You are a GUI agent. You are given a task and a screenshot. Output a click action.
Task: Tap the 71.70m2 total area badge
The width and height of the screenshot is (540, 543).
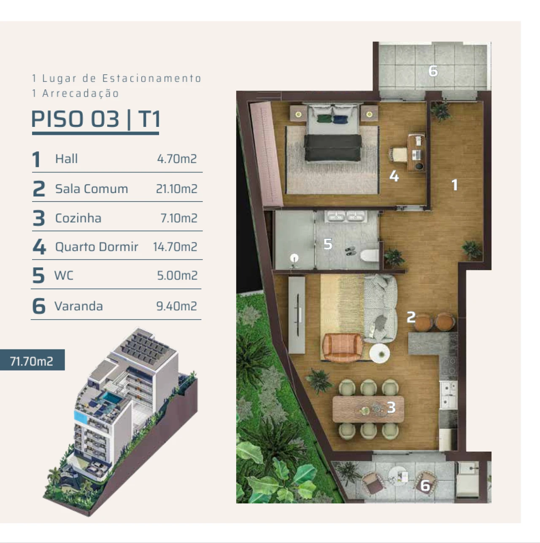(32, 361)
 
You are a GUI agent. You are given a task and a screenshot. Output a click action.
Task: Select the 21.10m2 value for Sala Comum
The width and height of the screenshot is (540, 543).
(176, 189)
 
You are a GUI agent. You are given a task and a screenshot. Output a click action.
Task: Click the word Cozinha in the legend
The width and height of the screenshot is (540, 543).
(78, 218)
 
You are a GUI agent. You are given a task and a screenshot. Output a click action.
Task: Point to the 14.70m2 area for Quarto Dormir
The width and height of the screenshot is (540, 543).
(175, 247)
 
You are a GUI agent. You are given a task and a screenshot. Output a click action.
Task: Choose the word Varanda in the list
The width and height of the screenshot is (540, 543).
(78, 306)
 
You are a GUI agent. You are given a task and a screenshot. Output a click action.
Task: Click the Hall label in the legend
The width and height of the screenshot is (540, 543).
(66, 159)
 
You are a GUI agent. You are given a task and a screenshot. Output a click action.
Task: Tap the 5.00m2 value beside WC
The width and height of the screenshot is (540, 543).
(177, 276)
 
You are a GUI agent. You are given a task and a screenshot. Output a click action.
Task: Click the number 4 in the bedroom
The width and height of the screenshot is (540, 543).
(394, 176)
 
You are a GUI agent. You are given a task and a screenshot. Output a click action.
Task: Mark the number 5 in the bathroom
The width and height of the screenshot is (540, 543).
(328, 244)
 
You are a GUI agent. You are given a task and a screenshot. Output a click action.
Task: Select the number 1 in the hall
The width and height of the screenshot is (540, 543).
(454, 185)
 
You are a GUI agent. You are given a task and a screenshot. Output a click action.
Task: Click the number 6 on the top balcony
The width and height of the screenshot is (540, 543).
(433, 71)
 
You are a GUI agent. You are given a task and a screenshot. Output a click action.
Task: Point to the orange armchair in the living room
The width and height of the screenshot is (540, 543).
(342, 347)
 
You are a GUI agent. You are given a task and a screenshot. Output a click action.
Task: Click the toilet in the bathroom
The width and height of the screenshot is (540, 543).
(370, 255)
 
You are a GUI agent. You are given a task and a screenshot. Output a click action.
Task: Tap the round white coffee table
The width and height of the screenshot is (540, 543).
(380, 353)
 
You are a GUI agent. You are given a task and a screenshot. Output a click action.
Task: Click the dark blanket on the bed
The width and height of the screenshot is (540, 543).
(333, 148)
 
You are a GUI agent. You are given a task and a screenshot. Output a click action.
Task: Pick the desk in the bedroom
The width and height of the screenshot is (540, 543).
(416, 152)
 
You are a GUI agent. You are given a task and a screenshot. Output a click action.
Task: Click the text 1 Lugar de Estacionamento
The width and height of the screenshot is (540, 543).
(116, 78)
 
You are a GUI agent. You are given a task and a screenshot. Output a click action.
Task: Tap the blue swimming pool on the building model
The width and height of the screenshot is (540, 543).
(110, 397)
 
